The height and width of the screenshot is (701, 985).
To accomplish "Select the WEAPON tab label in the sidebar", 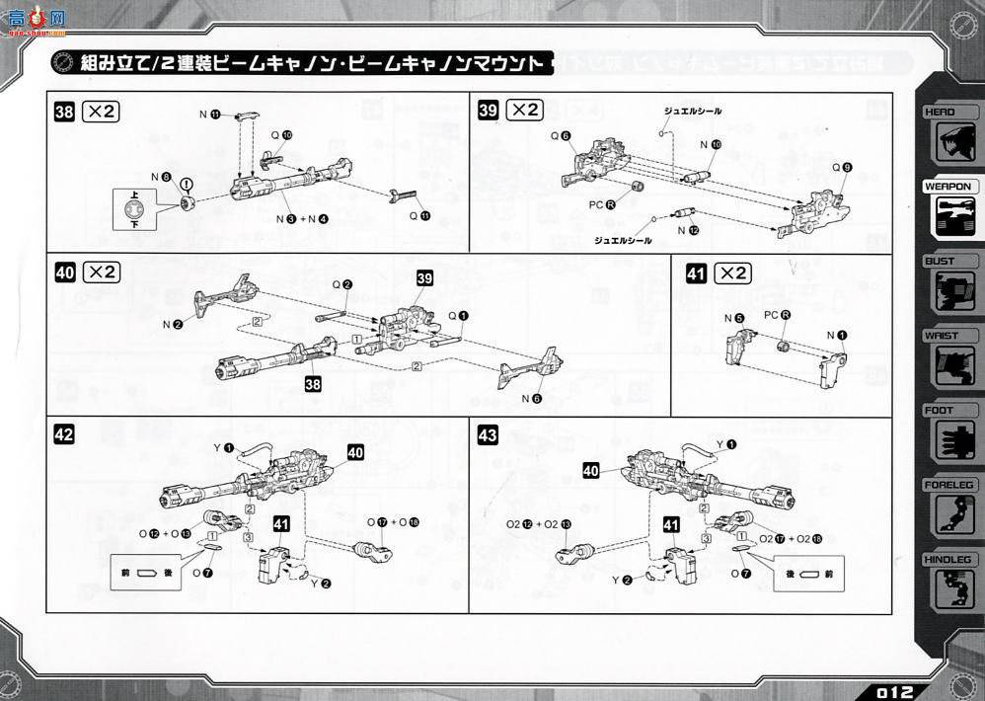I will (x=947, y=187).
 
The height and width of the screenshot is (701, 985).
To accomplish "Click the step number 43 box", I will (x=487, y=433).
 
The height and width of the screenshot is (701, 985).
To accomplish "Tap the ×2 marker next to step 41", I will (x=731, y=273).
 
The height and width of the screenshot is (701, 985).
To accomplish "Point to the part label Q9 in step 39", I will (x=839, y=168).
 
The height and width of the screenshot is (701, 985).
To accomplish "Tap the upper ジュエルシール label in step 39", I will (x=697, y=112).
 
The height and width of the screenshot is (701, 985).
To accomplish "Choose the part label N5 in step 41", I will (x=732, y=318).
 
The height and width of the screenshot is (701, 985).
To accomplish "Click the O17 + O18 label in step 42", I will (x=393, y=521).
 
